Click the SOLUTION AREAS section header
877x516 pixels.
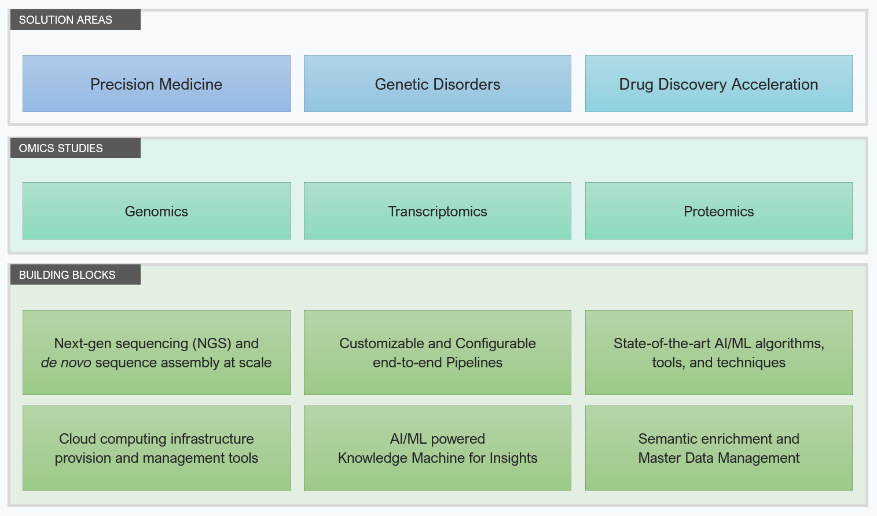[75, 20]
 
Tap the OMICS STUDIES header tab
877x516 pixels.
[75, 148]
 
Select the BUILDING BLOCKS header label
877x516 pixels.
[75, 275]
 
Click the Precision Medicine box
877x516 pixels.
[157, 84]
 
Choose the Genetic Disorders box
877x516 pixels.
[437, 84]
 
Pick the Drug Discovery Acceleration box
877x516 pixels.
[719, 84]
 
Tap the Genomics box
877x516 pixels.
[157, 211]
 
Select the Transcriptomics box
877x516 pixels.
[437, 211]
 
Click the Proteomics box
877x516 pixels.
[719, 211]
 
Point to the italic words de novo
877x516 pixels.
[66, 363]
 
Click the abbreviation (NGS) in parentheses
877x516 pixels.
[212, 344]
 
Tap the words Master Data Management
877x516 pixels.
[719, 458]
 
